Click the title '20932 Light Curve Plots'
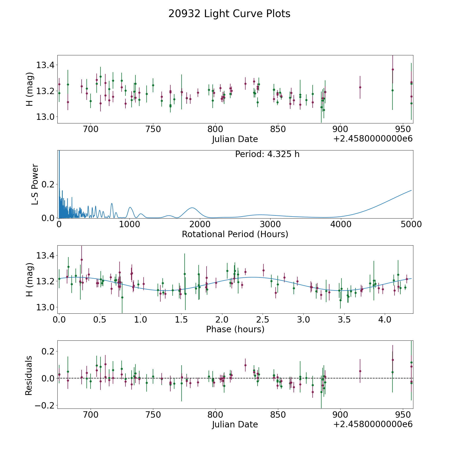coord(229,14)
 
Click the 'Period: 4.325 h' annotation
coord(267,154)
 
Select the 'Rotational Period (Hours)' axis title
coord(235,234)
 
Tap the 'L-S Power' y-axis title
coord(35,184)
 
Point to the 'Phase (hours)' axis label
coord(235,329)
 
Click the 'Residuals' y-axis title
coord(29,375)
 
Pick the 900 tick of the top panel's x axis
coord(340,129)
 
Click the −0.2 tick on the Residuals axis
coord(46,405)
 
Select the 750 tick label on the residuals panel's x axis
coord(153,415)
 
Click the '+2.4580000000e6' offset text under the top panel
coord(373,139)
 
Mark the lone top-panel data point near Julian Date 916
coord(360,87)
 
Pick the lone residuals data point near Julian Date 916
coord(360,371)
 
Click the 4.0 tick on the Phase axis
coord(385,320)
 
